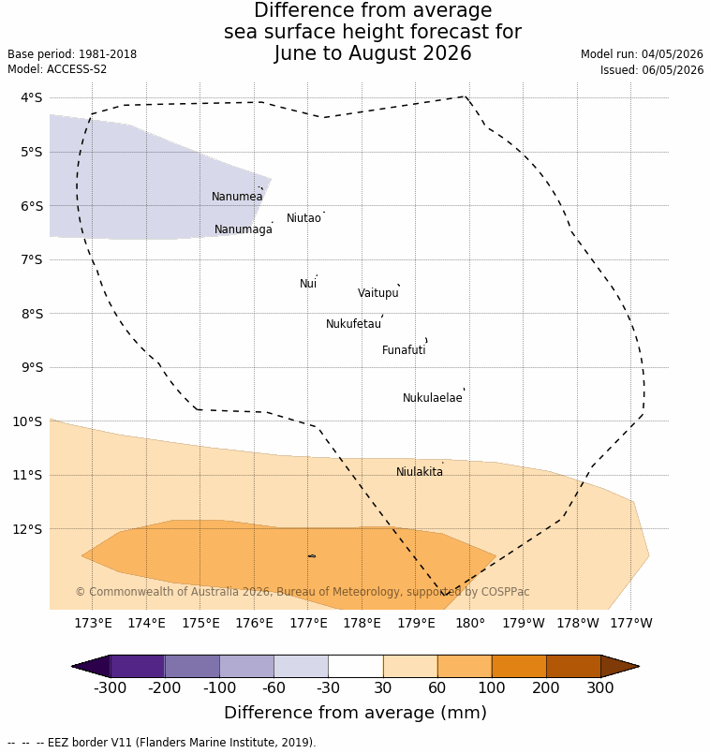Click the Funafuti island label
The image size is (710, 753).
click(x=404, y=350)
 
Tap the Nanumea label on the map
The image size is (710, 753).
click(x=237, y=197)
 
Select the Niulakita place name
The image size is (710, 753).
click(x=420, y=472)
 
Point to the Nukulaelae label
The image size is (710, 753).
click(x=433, y=398)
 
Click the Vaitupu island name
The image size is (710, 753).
click(x=378, y=293)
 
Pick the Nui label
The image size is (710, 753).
click(x=308, y=284)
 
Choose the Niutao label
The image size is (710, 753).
click(x=303, y=218)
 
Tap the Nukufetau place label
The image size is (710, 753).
click(x=353, y=324)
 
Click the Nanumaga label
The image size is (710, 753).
click(x=244, y=229)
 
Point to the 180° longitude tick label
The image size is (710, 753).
click(x=470, y=623)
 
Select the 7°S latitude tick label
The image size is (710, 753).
click(x=32, y=259)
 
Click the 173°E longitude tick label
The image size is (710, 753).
click(x=93, y=623)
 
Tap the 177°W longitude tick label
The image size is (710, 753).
click(x=631, y=623)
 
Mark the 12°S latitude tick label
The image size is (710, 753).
click(x=28, y=529)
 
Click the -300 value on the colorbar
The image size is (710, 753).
click(x=110, y=687)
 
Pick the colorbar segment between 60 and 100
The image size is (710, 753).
click(x=465, y=667)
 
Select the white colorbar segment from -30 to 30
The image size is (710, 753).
click(x=356, y=667)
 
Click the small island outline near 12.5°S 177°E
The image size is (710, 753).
click(x=312, y=556)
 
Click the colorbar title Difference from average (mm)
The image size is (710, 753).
click(x=356, y=713)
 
